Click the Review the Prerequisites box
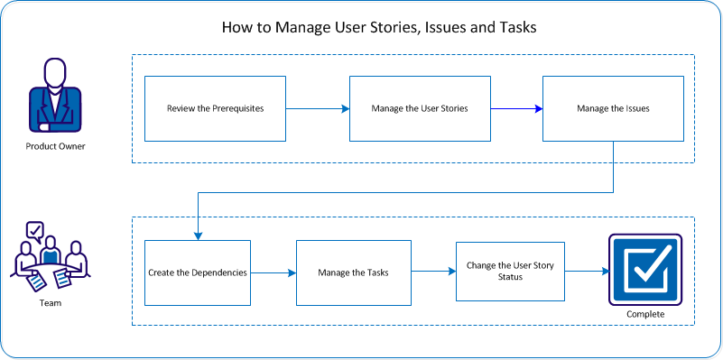pyautogui.click(x=215, y=108)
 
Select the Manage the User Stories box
pyautogui.click(x=420, y=108)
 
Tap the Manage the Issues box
pyautogui.click(x=613, y=108)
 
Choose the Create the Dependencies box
pyautogui.click(x=197, y=272)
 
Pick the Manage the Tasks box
pyautogui.click(x=354, y=272)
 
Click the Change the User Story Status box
pyautogui.click(x=510, y=272)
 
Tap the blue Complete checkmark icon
pyautogui.click(x=644, y=270)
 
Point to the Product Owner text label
pyautogui.click(x=55, y=146)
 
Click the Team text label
pyautogui.click(x=51, y=304)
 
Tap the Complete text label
pyautogui.click(x=644, y=314)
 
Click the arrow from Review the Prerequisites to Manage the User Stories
pyautogui.click(x=318, y=109)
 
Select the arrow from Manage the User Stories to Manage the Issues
pyautogui.click(x=516, y=109)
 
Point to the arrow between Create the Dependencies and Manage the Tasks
pyautogui.click(x=273, y=272)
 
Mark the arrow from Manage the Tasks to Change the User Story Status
pyautogui.click(x=433, y=272)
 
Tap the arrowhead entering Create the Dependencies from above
pyautogui.click(x=197, y=235)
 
